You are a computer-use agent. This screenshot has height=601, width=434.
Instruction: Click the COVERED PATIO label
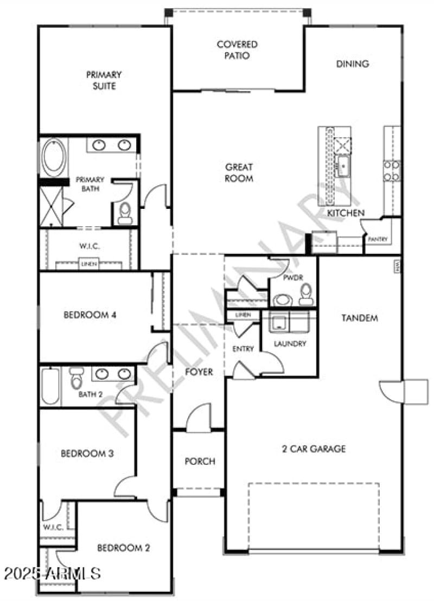(x=237, y=50)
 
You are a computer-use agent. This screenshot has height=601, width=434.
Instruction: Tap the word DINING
(x=352, y=63)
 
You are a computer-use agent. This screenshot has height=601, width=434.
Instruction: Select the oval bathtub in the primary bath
(x=53, y=157)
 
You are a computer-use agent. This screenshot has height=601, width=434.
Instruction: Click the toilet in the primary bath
(x=125, y=213)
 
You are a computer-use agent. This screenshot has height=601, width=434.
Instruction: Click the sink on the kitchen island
(x=342, y=166)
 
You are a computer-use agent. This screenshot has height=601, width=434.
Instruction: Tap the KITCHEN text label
(x=346, y=213)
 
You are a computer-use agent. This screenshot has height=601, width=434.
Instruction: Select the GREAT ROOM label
(x=239, y=173)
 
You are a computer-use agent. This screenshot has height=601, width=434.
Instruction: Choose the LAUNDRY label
(x=290, y=343)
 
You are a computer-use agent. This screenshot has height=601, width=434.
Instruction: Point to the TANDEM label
(x=359, y=318)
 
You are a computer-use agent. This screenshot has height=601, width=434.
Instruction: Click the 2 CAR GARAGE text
(x=314, y=449)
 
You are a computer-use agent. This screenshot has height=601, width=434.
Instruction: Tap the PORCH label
(x=200, y=462)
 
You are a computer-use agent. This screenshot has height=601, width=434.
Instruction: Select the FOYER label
(x=199, y=372)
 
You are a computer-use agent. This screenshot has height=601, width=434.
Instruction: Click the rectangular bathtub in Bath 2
(x=50, y=386)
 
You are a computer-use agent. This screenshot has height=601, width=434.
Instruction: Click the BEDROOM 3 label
(x=87, y=453)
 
